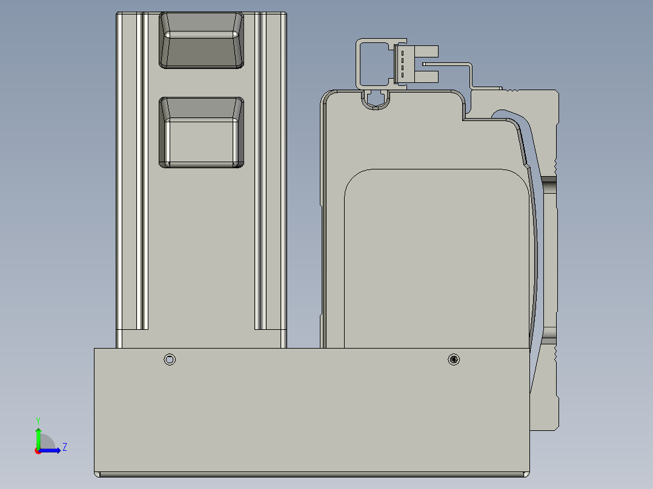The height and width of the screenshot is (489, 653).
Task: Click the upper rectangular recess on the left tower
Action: coord(201,41)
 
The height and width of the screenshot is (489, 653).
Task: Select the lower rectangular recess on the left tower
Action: coord(201,133)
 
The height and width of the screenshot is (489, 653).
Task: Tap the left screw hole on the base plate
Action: coord(170,359)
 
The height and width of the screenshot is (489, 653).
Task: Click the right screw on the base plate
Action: coord(454,359)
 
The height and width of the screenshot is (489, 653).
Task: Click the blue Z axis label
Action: coord(64,447)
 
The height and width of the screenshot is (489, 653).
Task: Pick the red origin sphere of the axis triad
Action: coord(38,451)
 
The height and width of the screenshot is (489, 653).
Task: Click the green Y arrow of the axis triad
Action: coord(38,437)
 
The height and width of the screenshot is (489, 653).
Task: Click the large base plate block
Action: coord(312,412)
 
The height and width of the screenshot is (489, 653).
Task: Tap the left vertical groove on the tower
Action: coord(143,176)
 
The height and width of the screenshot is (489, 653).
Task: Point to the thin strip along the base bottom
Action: coord(312,474)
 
